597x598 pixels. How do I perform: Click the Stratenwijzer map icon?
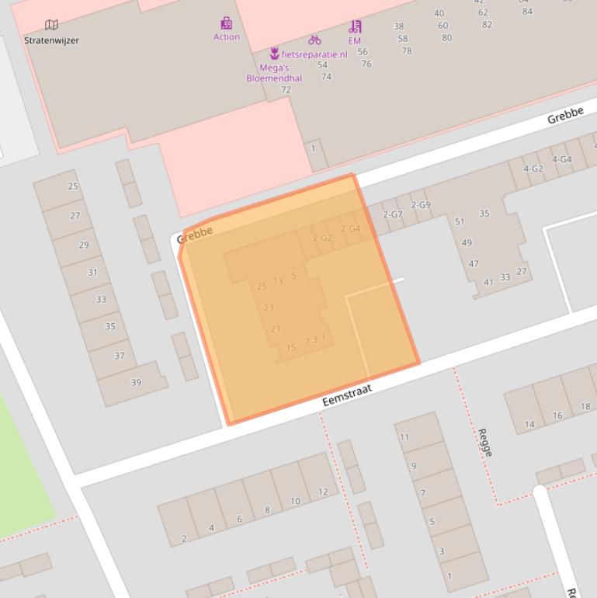tap(51, 26)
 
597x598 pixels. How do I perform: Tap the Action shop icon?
tap(226, 23)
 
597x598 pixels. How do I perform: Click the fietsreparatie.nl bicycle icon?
tap(314, 40)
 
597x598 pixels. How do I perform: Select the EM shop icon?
tap(355, 26)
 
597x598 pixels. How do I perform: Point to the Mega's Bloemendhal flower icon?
tap(274, 54)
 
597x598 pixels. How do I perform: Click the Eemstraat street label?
tap(347, 395)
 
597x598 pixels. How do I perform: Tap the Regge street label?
tap(485, 442)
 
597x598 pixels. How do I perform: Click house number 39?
tap(136, 382)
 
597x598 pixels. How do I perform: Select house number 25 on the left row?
tap(74, 186)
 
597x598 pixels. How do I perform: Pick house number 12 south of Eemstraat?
tap(323, 492)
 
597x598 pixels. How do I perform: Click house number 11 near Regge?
tap(404, 437)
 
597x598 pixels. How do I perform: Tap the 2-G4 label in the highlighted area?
tap(350, 229)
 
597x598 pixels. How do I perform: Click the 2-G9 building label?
tap(421, 205)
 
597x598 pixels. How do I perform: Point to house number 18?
tap(585, 406)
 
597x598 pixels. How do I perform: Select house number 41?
tap(488, 282)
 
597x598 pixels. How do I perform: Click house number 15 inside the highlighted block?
tap(291, 347)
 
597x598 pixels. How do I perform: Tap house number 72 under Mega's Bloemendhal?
tap(286, 90)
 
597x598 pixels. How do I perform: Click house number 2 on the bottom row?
tap(184, 538)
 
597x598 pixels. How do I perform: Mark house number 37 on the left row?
tap(119, 356)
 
